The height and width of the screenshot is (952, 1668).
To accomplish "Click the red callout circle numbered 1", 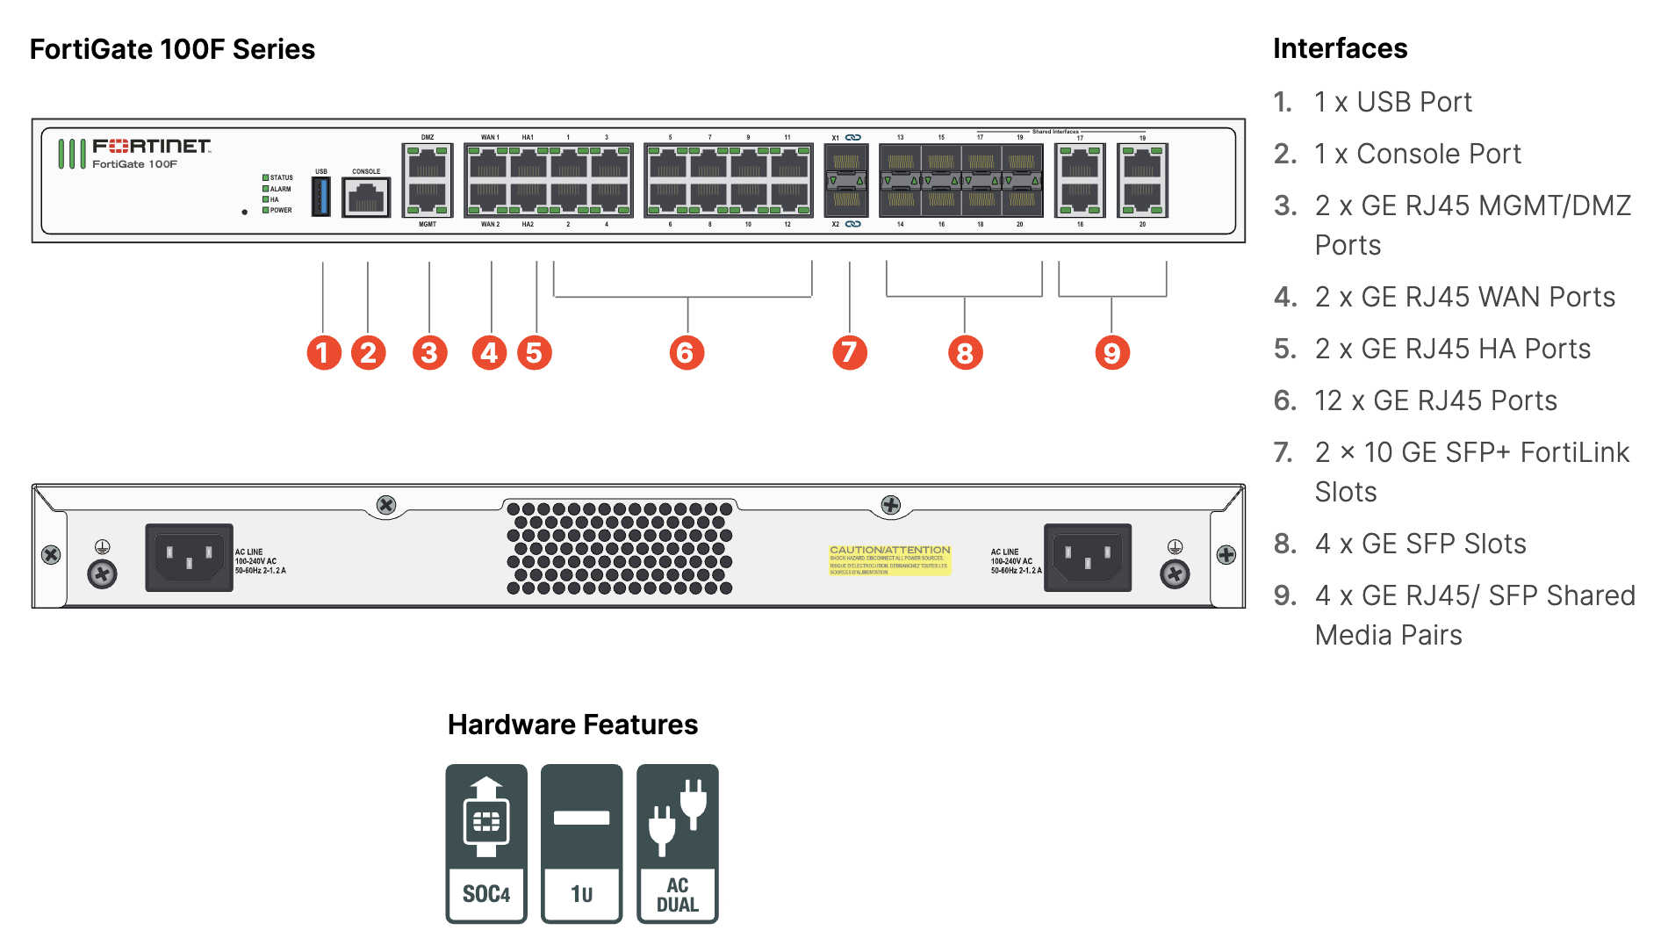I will click(323, 352).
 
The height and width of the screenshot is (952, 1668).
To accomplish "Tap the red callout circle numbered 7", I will click(849, 352).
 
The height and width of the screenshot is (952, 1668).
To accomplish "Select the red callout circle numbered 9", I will click(1111, 352).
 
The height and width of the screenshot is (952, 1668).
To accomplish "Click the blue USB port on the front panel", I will click(321, 197).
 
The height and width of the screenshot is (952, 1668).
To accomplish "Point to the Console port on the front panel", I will click(366, 198).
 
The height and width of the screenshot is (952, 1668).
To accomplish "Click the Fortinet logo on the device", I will click(151, 147).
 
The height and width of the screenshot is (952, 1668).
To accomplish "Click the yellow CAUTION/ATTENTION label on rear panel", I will click(889, 559).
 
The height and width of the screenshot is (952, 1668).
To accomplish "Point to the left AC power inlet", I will click(189, 558).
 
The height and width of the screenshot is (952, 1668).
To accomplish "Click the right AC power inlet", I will click(1087, 558).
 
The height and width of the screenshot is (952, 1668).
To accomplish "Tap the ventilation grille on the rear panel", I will click(620, 548).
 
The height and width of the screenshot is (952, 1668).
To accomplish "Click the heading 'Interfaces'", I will click(1340, 48).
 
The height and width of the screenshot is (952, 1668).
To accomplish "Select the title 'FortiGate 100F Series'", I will click(172, 49).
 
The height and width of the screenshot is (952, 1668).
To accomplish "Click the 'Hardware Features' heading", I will click(572, 725).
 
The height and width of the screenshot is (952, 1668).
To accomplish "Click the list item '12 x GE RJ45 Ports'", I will click(1435, 400).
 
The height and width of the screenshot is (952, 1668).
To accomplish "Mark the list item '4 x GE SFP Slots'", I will click(1420, 544).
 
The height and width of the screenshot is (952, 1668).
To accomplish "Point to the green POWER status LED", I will click(265, 210).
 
